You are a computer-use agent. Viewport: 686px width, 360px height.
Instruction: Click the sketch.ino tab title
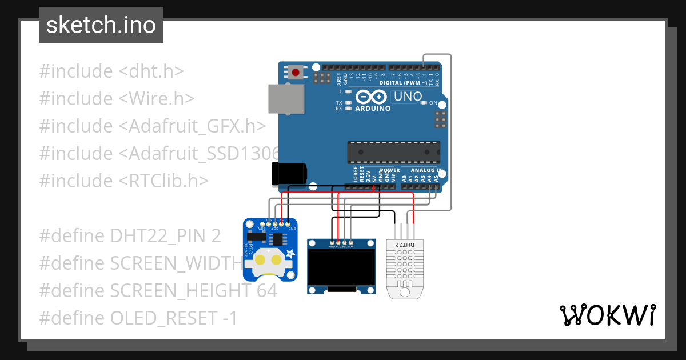pos(101,25)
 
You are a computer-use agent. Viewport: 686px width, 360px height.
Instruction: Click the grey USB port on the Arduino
pos(285,99)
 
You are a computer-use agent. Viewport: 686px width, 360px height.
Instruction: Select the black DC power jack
pos(289,173)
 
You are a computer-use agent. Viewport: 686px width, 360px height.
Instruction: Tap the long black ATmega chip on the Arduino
pos(394,152)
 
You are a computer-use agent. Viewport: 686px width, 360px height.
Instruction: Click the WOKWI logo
pos(607,315)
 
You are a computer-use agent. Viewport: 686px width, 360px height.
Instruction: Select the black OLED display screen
pos(341,267)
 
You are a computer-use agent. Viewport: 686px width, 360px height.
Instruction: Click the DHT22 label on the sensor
pos(404,245)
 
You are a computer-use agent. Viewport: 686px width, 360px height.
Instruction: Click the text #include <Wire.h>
pos(117,99)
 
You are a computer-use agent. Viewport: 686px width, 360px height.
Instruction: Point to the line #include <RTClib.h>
pos(123,181)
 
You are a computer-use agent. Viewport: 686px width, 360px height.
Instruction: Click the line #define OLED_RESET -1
pos(138,318)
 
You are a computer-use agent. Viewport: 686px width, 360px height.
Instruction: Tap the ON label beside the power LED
pos(433,103)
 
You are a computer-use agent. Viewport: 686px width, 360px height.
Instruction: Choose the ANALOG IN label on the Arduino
pos(424,170)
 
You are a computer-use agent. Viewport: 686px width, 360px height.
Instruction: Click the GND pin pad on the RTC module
pos(288,223)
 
